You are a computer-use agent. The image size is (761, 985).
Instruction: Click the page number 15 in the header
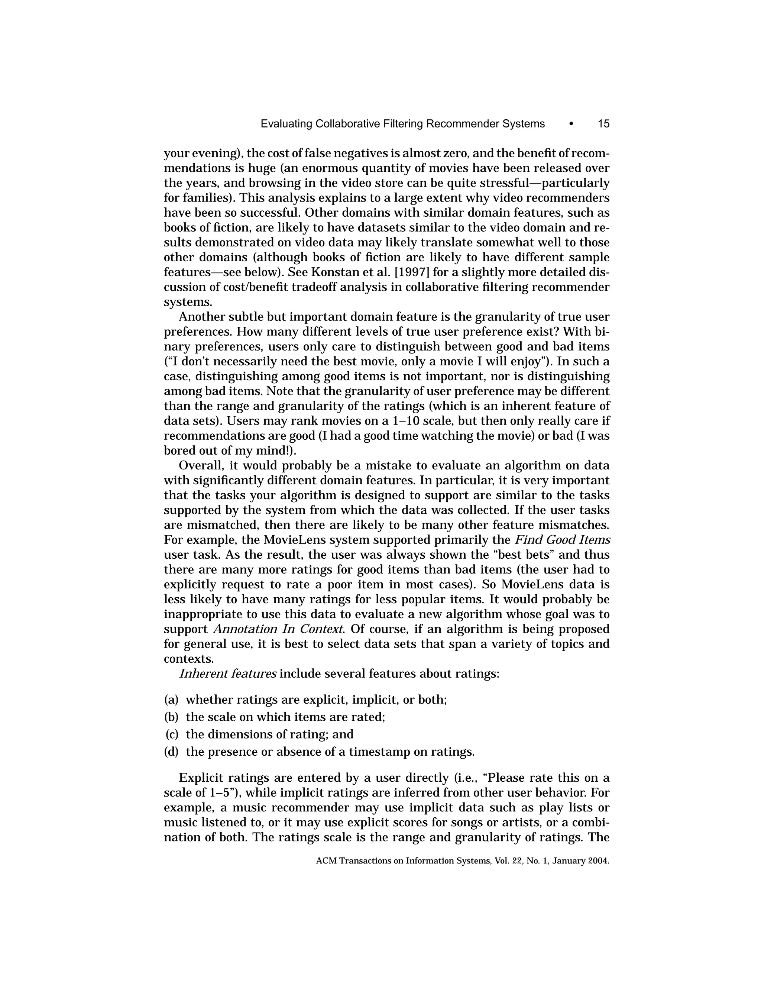(603, 123)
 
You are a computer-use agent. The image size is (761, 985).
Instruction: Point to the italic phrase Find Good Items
(562, 540)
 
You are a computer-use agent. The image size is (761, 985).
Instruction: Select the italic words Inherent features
(228, 674)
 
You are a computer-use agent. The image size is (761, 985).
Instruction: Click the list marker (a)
(171, 700)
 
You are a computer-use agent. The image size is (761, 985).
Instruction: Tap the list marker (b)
(171, 717)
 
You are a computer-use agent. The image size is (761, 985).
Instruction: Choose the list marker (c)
(172, 734)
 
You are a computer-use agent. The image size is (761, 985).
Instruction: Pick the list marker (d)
(171, 752)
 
